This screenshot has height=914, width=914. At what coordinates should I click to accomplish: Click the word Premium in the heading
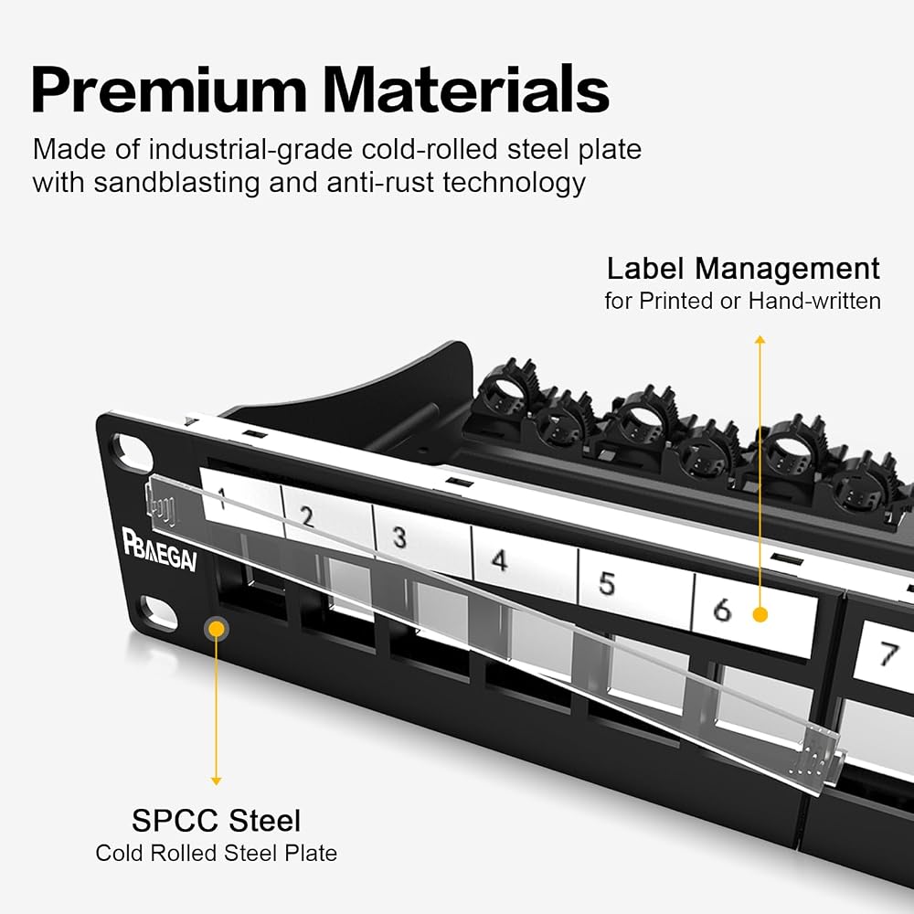tap(169, 90)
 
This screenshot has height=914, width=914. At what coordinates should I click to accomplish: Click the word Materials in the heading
tap(466, 90)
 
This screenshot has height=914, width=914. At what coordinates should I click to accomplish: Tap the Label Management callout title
tap(743, 269)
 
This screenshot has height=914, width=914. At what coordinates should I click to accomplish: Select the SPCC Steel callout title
tap(217, 820)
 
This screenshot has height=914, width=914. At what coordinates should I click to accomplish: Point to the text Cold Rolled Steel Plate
tap(217, 853)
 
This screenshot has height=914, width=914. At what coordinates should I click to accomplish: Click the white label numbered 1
tap(241, 501)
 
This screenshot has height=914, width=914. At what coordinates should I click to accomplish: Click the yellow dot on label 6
tap(760, 614)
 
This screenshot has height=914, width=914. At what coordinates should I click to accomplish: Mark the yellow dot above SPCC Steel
tap(217, 629)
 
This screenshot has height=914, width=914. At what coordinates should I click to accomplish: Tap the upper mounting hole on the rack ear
tap(132, 452)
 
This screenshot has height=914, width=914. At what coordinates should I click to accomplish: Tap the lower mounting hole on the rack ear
tap(158, 613)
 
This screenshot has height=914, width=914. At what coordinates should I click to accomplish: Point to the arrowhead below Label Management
tap(760, 339)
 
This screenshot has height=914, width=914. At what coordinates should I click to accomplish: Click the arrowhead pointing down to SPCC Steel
tap(217, 781)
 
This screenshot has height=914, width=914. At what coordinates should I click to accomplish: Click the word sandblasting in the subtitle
tap(176, 183)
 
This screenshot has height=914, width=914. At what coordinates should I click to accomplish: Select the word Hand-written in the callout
tap(814, 301)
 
